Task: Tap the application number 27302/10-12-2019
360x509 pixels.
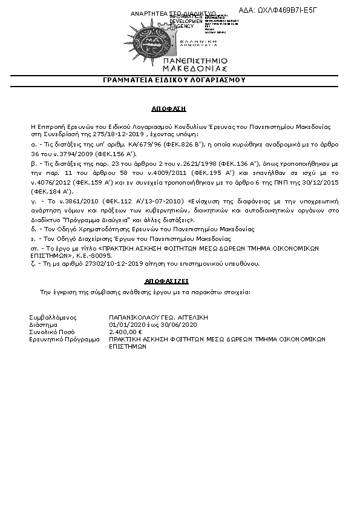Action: point(96,264)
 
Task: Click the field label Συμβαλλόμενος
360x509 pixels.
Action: point(53,317)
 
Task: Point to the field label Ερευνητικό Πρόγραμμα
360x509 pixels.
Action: point(64,340)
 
